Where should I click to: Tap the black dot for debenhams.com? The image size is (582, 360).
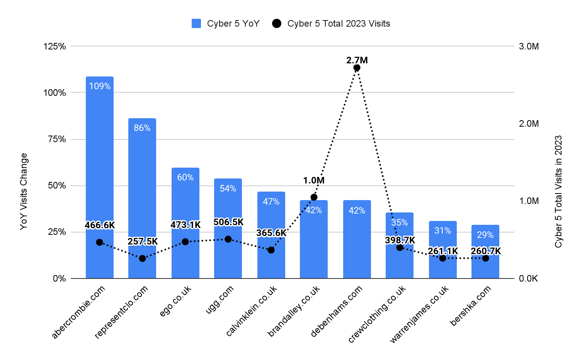357,68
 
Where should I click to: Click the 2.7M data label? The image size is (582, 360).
357,60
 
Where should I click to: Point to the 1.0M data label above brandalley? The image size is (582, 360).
313,180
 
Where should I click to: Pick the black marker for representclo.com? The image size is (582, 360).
142,258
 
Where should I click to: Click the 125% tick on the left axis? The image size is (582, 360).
55,46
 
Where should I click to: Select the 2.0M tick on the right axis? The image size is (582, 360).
529,124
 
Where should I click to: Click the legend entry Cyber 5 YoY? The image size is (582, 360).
226,24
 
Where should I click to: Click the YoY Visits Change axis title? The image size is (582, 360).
24,191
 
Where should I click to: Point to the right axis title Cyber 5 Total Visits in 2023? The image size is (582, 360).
558,191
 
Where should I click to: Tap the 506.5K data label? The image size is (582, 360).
228,222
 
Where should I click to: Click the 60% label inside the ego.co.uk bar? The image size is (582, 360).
185,177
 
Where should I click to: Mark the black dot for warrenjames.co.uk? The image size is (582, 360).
442,258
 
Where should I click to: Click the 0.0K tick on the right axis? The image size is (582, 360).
529,278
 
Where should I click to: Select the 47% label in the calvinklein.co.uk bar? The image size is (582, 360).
271,202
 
